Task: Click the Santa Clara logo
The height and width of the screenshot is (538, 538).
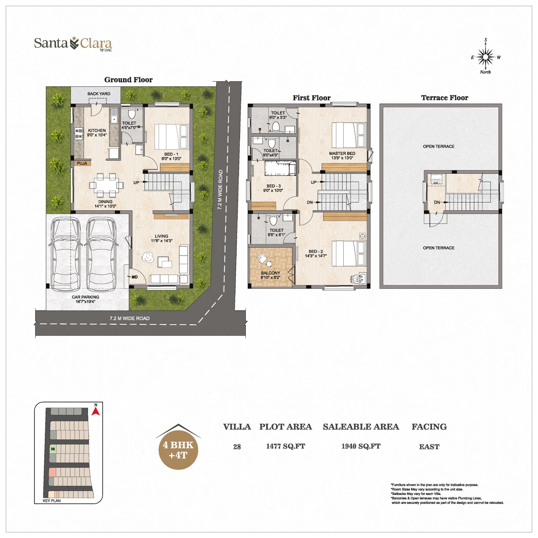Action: (73, 44)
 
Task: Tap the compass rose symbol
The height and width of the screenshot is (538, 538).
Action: (485, 57)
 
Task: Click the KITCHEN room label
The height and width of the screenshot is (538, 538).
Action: (97, 130)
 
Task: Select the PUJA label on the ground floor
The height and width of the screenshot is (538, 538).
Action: (82, 163)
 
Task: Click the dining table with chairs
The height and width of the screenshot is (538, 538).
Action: (106, 185)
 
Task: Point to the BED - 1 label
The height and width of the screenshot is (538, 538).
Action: (171, 154)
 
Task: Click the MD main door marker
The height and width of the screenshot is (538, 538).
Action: (134, 277)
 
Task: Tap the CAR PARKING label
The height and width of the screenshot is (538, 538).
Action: (85, 297)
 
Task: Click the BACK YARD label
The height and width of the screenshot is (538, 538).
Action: (99, 94)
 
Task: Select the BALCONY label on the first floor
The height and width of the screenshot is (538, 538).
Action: (270, 273)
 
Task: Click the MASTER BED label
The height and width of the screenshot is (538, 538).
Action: (342, 153)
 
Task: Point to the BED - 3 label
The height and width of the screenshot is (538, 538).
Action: (273, 186)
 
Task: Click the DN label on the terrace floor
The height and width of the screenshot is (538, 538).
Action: (437, 202)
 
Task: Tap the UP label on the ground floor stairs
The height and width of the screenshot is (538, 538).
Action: (136, 183)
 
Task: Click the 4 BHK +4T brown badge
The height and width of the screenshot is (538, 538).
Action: (178, 450)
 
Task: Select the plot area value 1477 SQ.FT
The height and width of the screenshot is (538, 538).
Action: (285, 446)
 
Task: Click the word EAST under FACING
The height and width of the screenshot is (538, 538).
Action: (429, 447)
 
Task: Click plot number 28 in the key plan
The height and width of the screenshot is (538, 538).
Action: (53, 449)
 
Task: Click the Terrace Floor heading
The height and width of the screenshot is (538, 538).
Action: (444, 98)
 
